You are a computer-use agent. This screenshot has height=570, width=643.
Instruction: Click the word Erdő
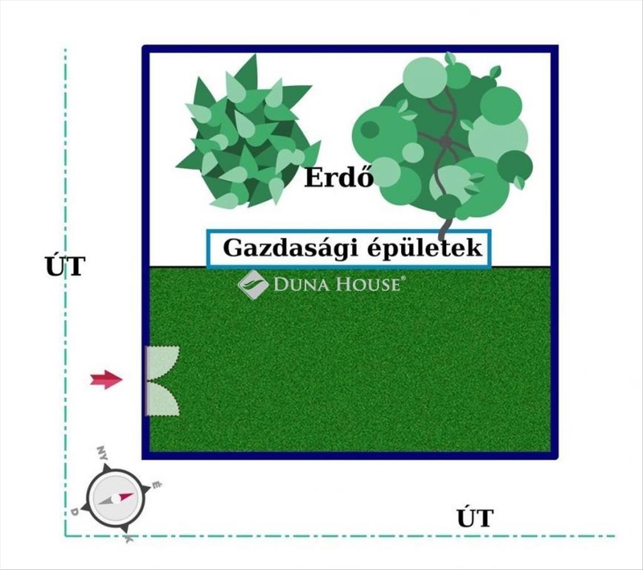click(339, 177)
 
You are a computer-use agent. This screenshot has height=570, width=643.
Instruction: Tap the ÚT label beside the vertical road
click(65, 267)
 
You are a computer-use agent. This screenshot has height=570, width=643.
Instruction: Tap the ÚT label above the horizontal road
click(474, 519)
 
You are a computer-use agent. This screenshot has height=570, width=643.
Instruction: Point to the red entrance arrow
click(106, 380)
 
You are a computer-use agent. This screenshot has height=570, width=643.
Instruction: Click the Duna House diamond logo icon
click(253, 284)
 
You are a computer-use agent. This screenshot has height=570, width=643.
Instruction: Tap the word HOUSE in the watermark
click(368, 284)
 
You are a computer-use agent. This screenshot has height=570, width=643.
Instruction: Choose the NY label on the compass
click(103, 453)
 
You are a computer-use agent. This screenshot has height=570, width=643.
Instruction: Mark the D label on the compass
click(74, 512)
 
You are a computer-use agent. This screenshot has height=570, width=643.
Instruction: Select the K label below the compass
click(129, 539)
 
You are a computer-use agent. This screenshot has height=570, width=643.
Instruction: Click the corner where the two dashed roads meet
click(65, 536)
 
